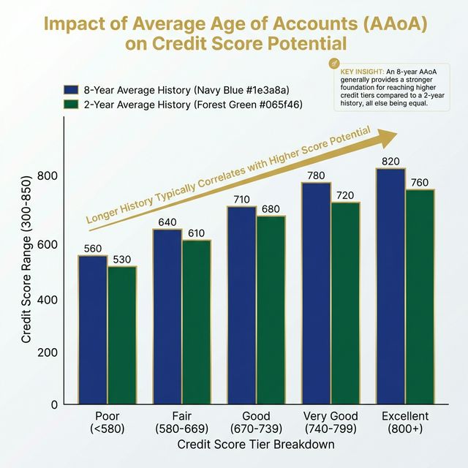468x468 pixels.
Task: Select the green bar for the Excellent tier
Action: tap(420, 296)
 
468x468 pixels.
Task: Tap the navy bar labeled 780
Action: tap(316, 292)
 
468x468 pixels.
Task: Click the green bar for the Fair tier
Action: tap(196, 322)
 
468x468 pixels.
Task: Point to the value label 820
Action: tap(390, 161)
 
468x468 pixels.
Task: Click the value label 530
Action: tap(122, 259)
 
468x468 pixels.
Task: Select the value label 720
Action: tap(345, 195)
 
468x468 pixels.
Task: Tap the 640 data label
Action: tap(167, 222)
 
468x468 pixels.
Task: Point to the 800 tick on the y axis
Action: tap(47, 177)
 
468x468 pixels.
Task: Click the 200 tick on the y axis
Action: tap(47, 352)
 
